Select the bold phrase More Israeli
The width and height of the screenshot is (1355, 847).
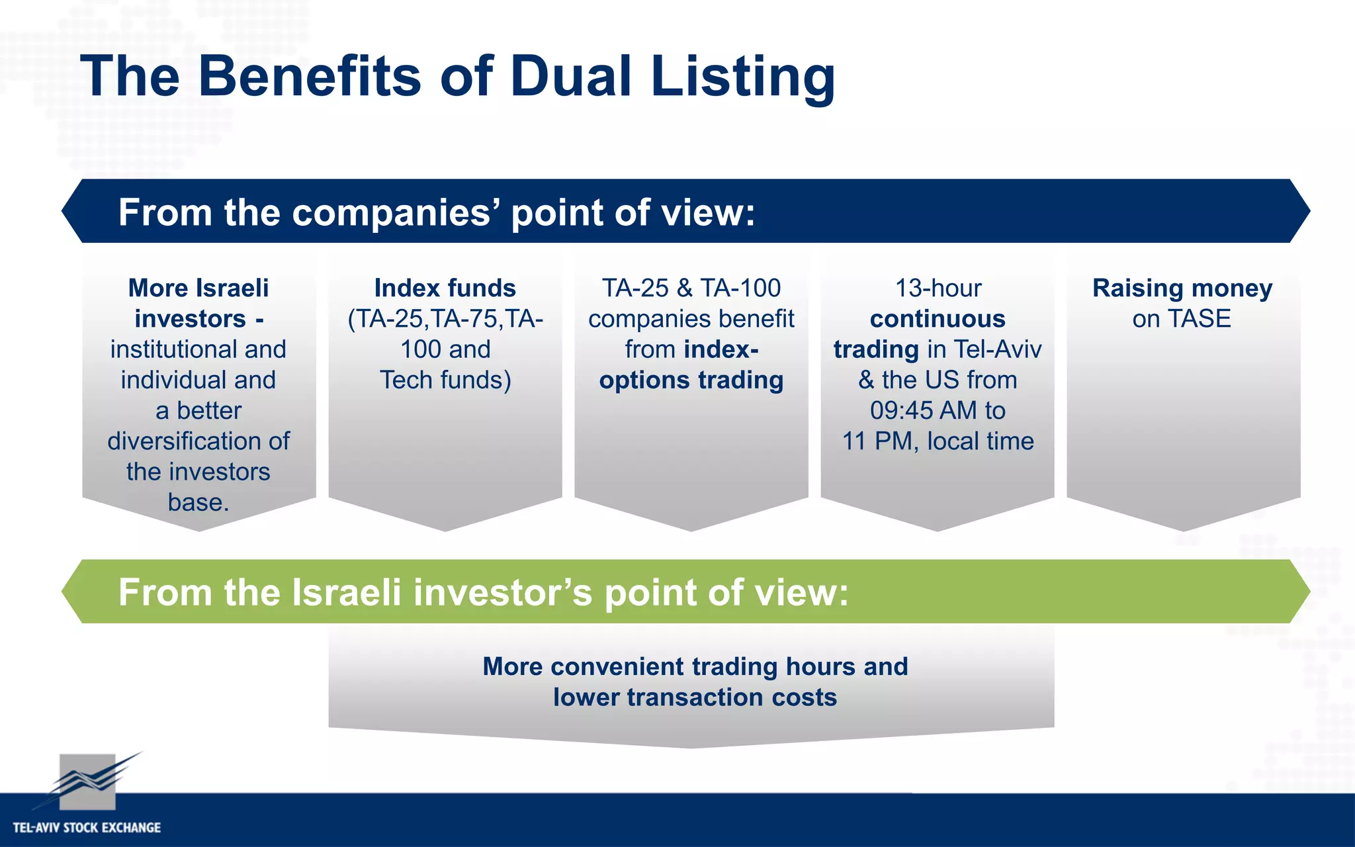point(198,288)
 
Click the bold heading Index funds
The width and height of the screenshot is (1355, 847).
point(445,288)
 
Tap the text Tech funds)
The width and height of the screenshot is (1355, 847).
point(445,380)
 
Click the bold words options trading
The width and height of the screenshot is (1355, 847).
point(691,380)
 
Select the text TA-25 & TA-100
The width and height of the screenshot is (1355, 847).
point(691,288)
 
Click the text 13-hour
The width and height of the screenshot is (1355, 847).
point(938,288)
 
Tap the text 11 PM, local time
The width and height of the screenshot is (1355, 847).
point(938,441)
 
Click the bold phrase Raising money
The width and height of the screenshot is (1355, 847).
point(1182,288)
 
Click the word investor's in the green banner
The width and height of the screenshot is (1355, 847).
point(502,592)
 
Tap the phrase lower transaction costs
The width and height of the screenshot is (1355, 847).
point(695,697)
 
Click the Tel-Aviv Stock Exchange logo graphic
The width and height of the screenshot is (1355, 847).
point(89,781)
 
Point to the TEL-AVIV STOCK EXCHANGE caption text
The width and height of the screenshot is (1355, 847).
point(87,827)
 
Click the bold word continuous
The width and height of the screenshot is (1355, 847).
point(938,319)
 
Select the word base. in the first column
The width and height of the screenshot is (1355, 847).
point(198,502)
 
